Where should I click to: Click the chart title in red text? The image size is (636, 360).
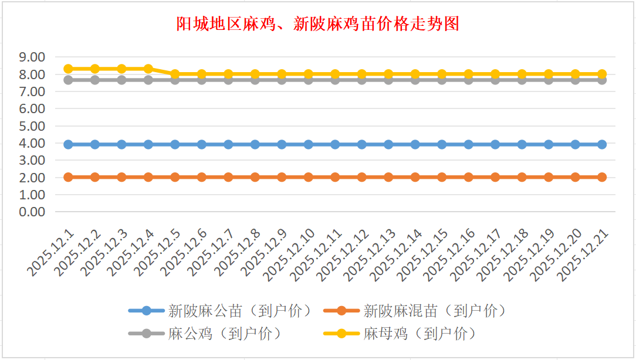pos(317,23)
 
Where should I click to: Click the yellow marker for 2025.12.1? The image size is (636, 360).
pos(68,69)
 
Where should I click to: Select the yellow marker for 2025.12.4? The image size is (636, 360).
pos(148,69)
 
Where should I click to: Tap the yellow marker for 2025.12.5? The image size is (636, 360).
pos(175,74)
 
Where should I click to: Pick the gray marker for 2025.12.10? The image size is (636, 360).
pos(309,80)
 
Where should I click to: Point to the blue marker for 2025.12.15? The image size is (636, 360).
pos(442,144)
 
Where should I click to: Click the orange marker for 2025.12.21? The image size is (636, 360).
pos(602,177)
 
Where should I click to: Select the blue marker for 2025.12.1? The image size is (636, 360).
pos(68,144)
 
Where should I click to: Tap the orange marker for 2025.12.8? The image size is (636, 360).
pos(255,177)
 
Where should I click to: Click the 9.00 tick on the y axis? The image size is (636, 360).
pos(32,57)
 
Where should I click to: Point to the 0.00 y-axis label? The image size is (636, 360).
pos(32,212)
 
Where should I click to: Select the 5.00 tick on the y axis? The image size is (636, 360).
pos(32,126)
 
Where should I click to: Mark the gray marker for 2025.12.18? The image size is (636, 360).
pos(522,80)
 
